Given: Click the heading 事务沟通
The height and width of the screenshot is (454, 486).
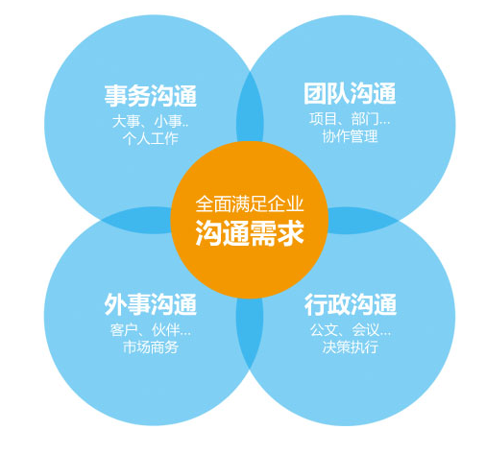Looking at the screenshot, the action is pyautogui.click(x=151, y=95).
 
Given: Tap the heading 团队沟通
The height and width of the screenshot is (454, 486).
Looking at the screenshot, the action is pyautogui.click(x=350, y=93).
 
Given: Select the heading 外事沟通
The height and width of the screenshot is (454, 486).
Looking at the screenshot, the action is pyautogui.click(x=150, y=304).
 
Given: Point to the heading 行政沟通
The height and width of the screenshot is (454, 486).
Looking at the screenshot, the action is pyautogui.click(x=351, y=304).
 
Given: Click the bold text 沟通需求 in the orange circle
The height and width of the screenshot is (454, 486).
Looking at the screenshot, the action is pyautogui.click(x=250, y=233).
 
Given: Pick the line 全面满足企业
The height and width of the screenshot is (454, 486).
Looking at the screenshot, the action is pyautogui.click(x=250, y=203).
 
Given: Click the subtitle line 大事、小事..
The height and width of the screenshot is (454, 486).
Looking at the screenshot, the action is pyautogui.click(x=150, y=122).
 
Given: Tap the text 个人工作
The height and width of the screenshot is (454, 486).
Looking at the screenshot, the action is pyautogui.click(x=151, y=139).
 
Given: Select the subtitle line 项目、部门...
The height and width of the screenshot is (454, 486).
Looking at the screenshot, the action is pyautogui.click(x=350, y=119).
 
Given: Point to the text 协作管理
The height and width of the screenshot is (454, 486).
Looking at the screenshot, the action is pyautogui.click(x=350, y=136).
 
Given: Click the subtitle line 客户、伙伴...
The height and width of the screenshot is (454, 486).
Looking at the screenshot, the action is pyautogui.click(x=151, y=330).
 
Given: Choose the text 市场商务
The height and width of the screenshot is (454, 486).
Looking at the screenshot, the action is pyautogui.click(x=151, y=347).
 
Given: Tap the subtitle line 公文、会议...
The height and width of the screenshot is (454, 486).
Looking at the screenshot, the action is pyautogui.click(x=351, y=330).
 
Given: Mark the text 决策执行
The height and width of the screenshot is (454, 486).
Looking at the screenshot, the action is pyautogui.click(x=351, y=347).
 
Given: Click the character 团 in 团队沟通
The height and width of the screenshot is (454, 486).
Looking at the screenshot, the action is pyautogui.click(x=315, y=93).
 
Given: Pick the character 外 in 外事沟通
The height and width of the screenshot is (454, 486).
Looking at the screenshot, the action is pyautogui.click(x=115, y=304).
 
